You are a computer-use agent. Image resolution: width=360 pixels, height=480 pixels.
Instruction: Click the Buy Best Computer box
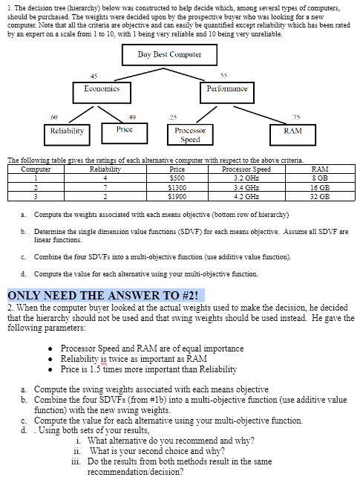tap(169, 55)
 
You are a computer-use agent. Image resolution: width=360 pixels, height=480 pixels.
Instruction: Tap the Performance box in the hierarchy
tap(226, 89)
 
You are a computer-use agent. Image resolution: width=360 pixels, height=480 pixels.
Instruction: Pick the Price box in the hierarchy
tap(125, 130)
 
